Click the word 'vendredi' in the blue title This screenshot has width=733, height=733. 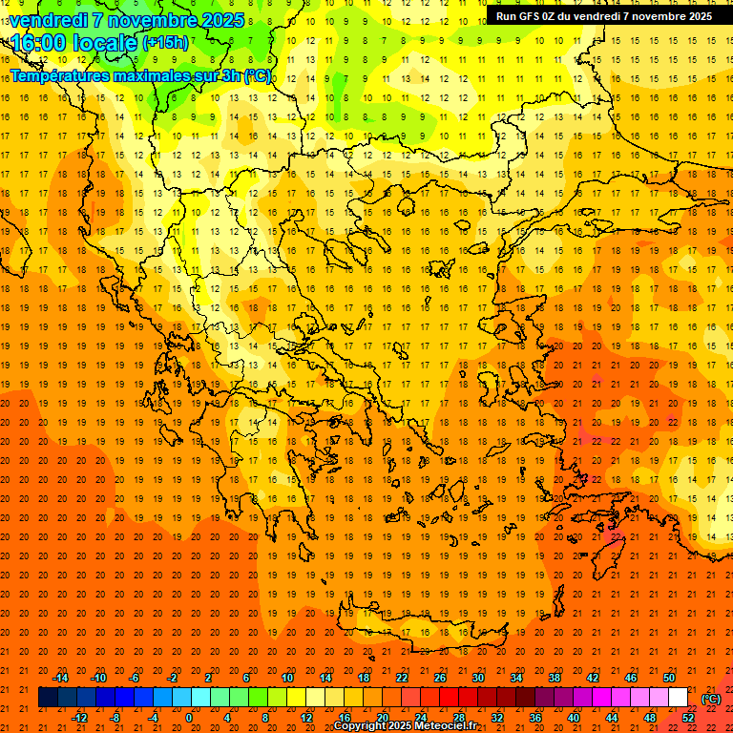(48, 20)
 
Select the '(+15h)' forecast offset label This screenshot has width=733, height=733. (165, 43)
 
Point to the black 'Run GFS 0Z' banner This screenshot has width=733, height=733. (603, 16)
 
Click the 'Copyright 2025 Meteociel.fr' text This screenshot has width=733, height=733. (405, 726)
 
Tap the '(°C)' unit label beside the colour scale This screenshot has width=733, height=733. (710, 699)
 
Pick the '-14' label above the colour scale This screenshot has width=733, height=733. (60, 678)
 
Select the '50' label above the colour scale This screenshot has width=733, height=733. (669, 678)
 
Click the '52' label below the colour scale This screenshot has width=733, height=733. (688, 718)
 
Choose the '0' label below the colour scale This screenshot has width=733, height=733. (189, 718)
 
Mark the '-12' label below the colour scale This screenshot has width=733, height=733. (79, 718)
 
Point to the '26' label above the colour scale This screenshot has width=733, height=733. (440, 678)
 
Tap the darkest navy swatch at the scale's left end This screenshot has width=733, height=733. (48, 698)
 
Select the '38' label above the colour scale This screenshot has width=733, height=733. (555, 678)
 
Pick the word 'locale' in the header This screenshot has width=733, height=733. (104, 43)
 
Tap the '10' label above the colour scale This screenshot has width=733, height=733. (287, 678)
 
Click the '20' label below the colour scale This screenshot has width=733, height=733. (382, 718)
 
